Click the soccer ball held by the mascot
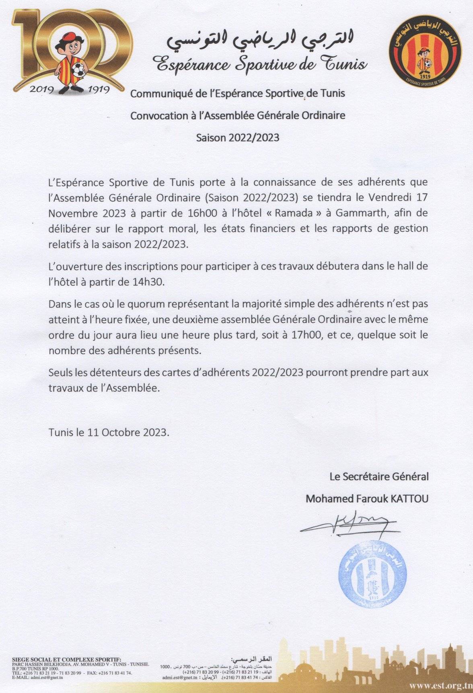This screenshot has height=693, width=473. click(78, 71)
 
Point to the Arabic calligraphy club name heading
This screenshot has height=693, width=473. click(261, 41)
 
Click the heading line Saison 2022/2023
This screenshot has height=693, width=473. click(237, 137)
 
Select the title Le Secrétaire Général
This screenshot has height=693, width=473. click(379, 477)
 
